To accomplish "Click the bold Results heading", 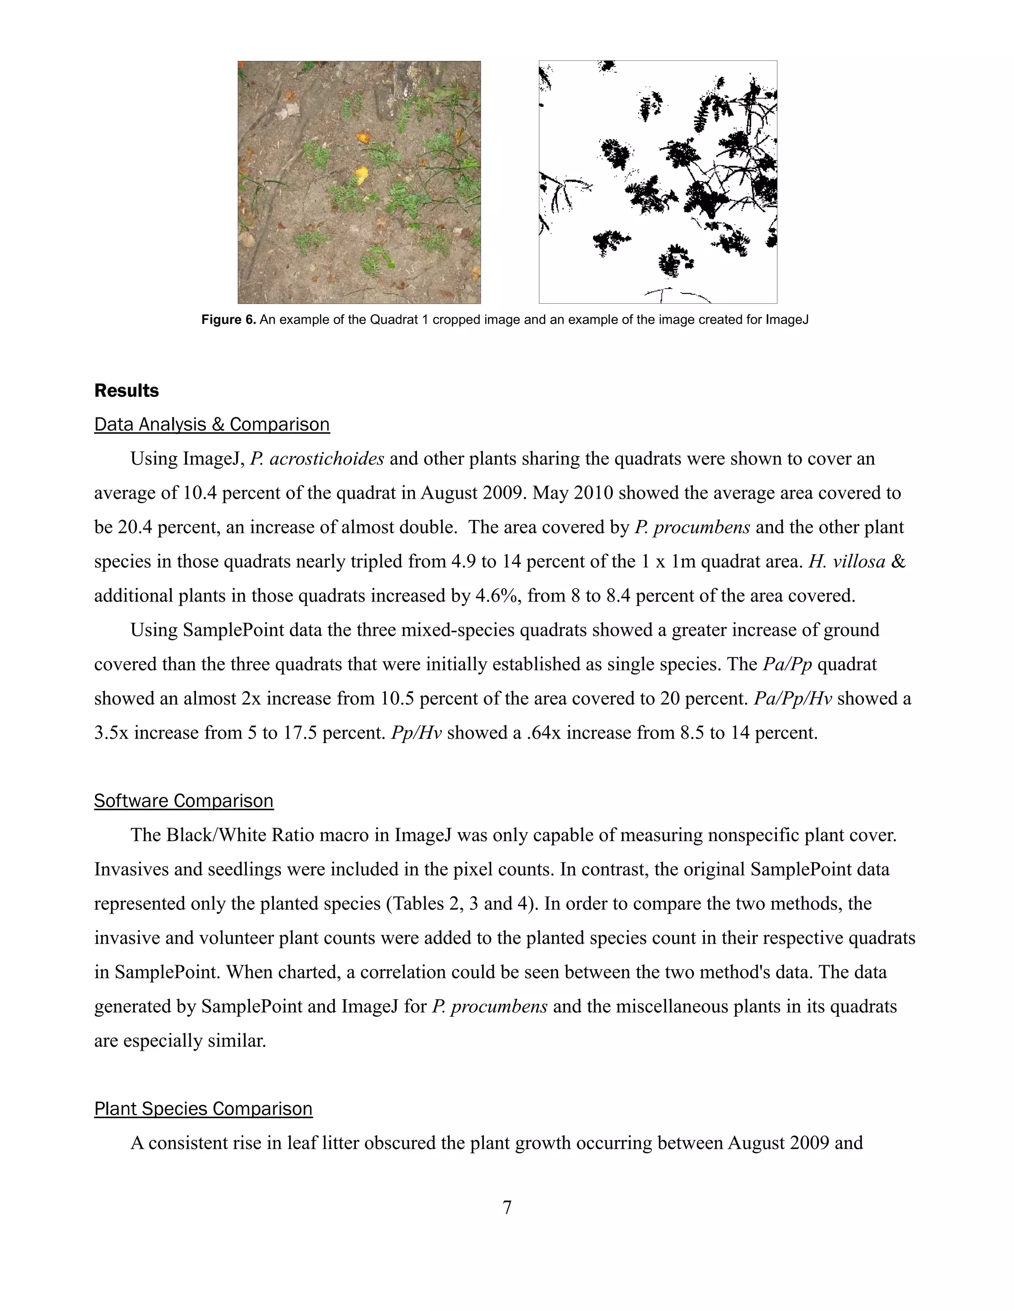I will point(126,391).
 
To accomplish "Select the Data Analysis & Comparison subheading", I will point(211,424).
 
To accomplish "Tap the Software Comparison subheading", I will point(184,801).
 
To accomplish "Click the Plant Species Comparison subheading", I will point(203,1109).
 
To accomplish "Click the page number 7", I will point(507,1207).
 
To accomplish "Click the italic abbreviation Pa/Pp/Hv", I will point(792,699).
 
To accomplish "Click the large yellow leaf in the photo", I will point(361,175).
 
